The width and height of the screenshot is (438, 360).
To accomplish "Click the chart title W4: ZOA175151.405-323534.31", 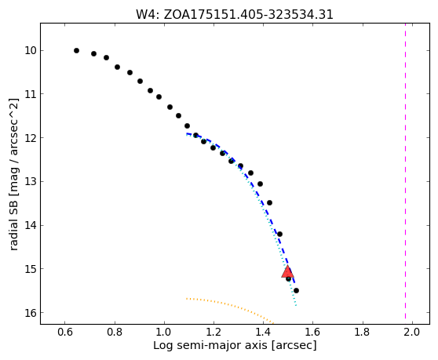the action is pos(235,15).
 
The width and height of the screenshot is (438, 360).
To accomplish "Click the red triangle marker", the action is pos(287,272).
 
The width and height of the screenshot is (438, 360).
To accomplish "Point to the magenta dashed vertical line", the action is pos(405,173).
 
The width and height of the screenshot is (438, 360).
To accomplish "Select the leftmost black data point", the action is pos(77,50).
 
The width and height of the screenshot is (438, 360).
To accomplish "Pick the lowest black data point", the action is pos(297,290).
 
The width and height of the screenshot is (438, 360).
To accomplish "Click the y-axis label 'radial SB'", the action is pos(13,224).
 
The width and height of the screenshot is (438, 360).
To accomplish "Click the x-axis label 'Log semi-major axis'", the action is pos(211,345).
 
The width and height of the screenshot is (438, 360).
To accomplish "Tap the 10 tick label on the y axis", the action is pos(31,51).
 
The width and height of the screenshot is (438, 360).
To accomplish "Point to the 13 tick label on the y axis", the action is pos(31,182).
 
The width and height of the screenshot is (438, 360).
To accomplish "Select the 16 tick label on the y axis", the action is pos(31,313).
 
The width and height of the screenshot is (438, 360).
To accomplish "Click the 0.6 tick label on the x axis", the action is pos(65,332).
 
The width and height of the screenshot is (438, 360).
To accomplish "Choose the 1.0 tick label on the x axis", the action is pos(164,332).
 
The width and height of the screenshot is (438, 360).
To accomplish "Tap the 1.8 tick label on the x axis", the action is pos(363,332).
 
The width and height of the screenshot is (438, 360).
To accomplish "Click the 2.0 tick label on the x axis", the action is pos(412,332).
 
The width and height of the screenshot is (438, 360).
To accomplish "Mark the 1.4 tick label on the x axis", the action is pos(264,332).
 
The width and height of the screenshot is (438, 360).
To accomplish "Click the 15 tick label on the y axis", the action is pos(31,269).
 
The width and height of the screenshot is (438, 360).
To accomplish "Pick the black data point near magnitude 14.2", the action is pos(279,234).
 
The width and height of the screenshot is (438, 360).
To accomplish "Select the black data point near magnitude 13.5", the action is pos(269,202).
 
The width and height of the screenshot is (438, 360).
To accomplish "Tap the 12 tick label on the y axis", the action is pos(31,138).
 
